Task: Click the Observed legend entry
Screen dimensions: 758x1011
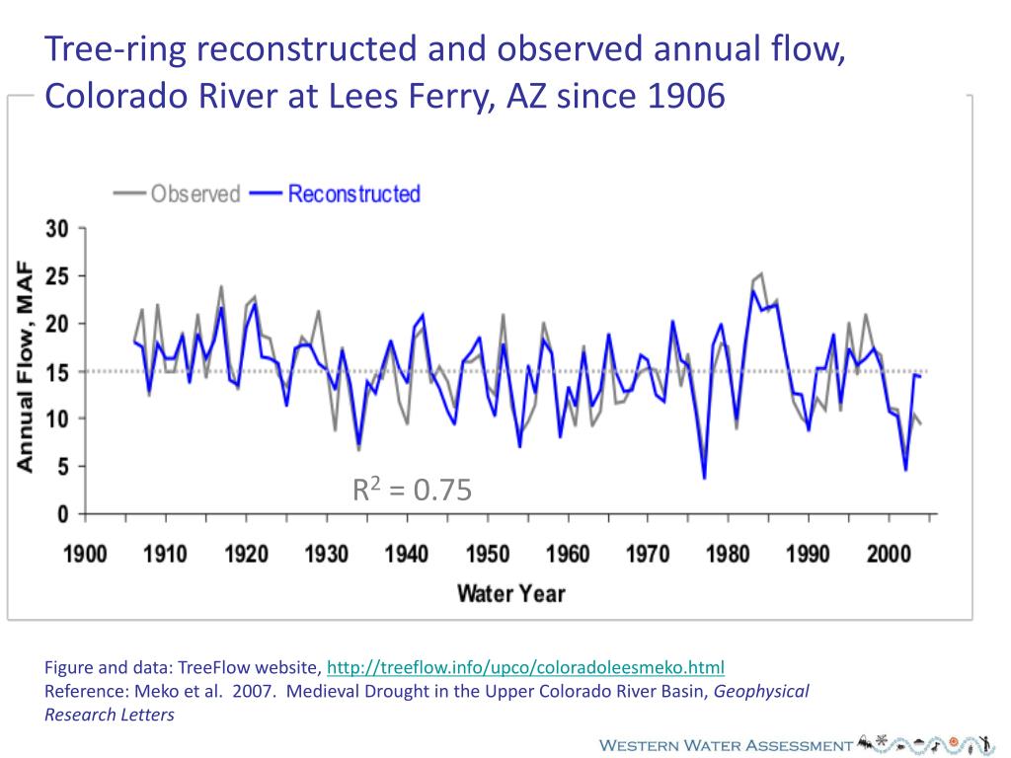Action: (x=195, y=193)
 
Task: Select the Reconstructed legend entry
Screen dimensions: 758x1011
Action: (x=353, y=193)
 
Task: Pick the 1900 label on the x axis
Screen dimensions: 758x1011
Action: (x=86, y=553)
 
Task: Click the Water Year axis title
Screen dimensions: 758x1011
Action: (x=510, y=593)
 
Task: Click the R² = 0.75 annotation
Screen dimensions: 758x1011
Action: (x=413, y=489)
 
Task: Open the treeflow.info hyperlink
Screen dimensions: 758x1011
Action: (x=525, y=666)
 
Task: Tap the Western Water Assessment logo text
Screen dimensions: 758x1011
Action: (x=726, y=744)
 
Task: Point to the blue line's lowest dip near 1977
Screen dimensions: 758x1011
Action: (x=704, y=479)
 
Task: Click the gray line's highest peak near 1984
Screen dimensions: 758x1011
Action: (x=760, y=273)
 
